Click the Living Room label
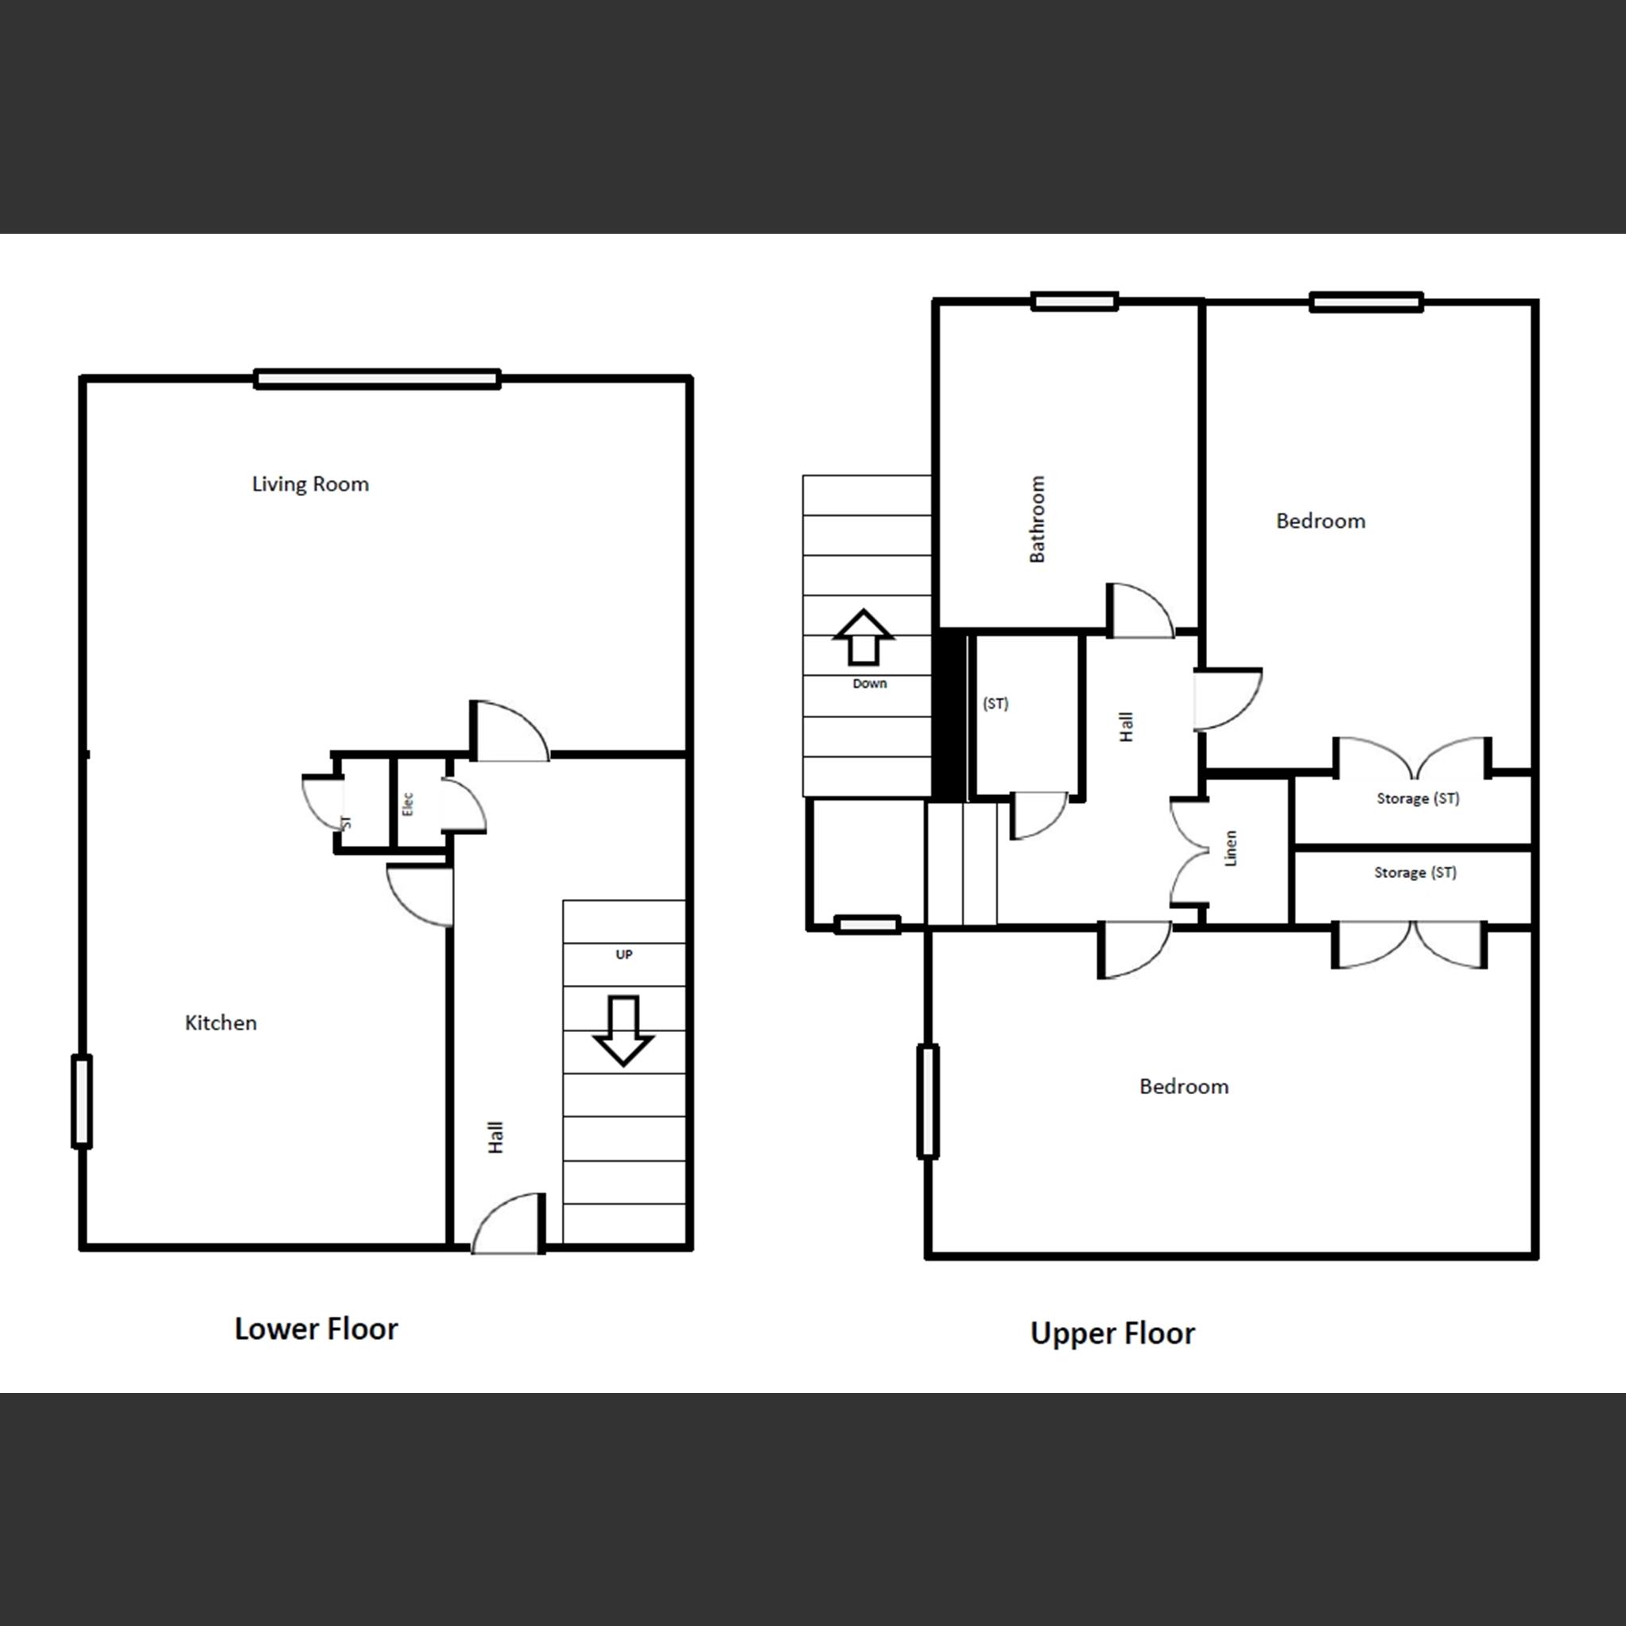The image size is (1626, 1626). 311,484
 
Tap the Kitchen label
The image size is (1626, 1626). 220,1023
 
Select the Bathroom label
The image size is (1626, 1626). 1037,519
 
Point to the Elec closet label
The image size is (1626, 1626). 408,804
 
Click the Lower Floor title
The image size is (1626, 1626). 316,1329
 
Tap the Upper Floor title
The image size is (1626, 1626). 1112,1333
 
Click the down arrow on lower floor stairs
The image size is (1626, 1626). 623,1030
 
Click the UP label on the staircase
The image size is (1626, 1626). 623,954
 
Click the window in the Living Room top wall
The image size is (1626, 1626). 377,379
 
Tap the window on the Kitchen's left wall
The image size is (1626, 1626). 82,1101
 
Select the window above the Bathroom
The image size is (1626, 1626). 1075,301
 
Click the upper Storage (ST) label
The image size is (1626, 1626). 1417,797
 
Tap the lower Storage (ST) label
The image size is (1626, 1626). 1415,873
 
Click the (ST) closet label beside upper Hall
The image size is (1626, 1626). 995,704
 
